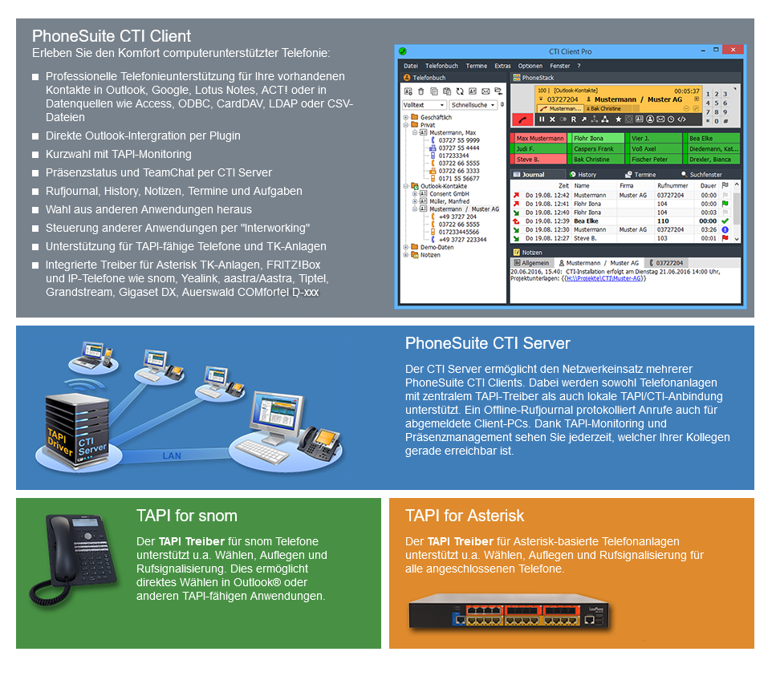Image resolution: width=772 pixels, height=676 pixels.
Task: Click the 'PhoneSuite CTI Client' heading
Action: click(x=112, y=36)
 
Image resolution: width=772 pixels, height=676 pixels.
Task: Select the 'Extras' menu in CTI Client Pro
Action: click(x=502, y=66)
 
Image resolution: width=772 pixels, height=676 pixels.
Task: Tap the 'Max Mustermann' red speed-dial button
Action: click(x=539, y=139)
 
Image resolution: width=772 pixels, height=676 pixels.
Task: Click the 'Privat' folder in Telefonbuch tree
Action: click(x=428, y=125)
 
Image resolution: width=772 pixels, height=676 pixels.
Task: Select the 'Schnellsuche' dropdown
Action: click(x=473, y=105)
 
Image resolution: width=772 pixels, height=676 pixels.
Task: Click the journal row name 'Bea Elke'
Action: click(x=586, y=221)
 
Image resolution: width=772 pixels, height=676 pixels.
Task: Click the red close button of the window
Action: click(x=732, y=51)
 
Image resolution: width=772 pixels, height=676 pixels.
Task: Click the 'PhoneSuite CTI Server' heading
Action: click(x=487, y=343)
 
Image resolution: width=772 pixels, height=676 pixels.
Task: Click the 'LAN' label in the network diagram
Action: click(x=172, y=455)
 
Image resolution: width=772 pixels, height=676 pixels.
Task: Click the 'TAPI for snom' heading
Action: click(x=187, y=516)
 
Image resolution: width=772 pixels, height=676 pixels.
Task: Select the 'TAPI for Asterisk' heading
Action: click(x=465, y=516)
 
